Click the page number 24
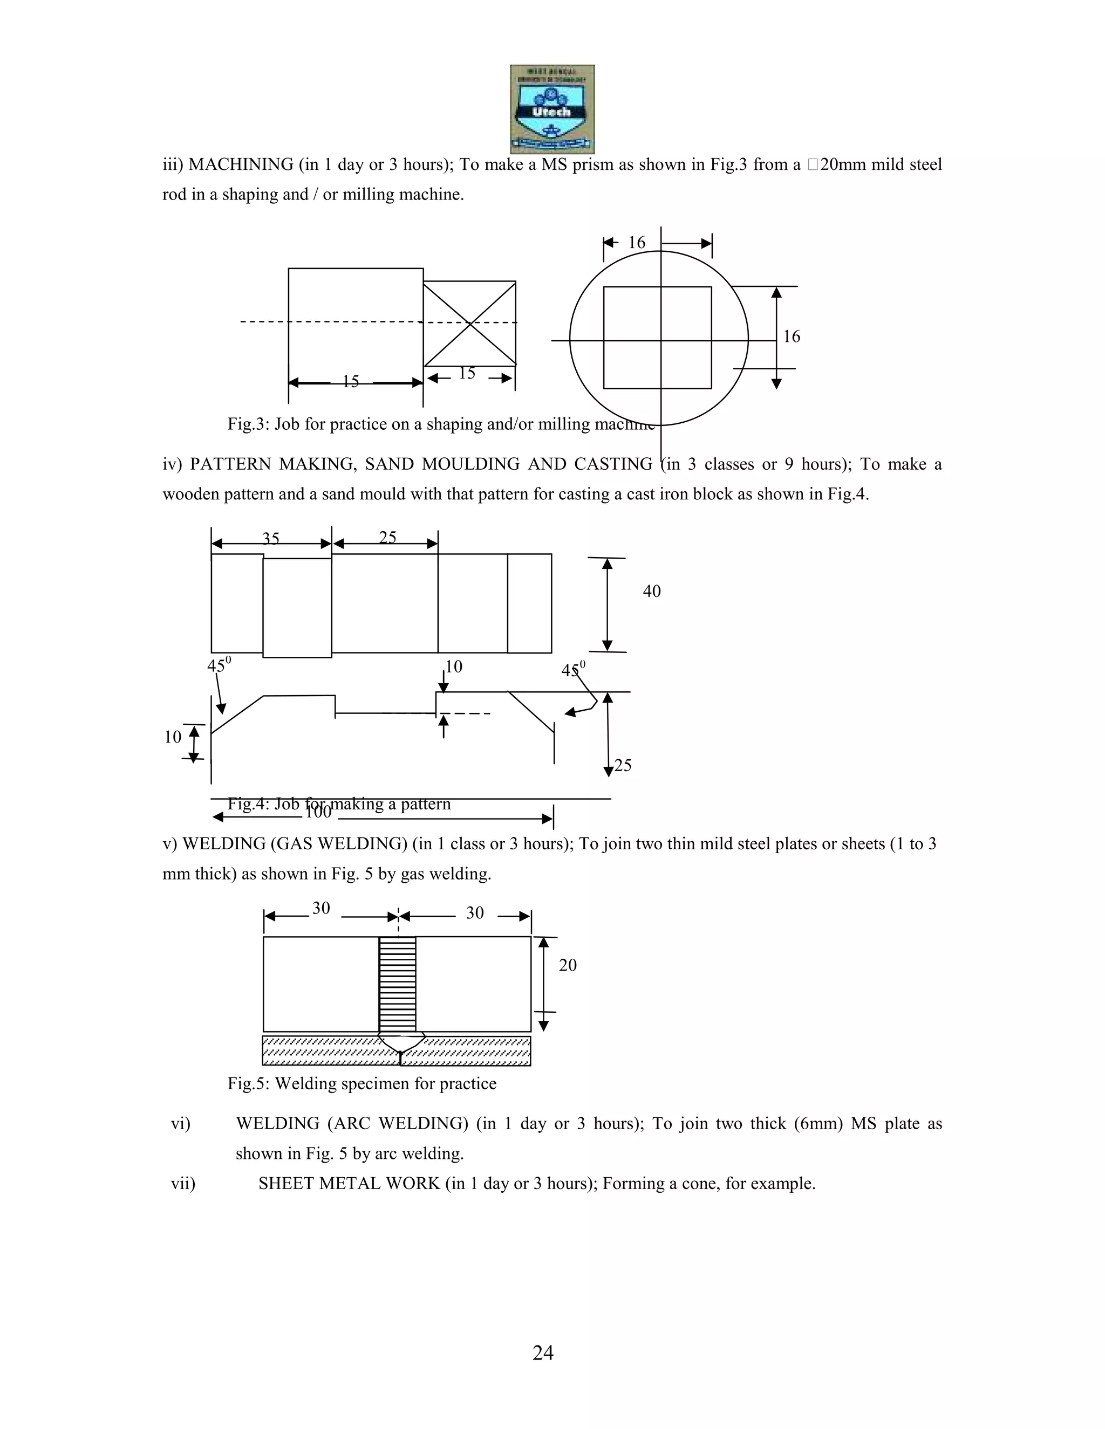pyautogui.click(x=543, y=1352)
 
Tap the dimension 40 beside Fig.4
pyautogui.click(x=651, y=592)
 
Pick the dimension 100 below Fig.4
pyautogui.click(x=318, y=813)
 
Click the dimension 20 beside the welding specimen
pyautogui.click(x=568, y=966)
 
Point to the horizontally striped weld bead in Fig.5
pyautogui.click(x=397, y=984)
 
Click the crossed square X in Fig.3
pyautogui.click(x=469, y=323)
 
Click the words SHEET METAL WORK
pyautogui.click(x=349, y=1184)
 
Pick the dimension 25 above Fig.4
pyautogui.click(x=387, y=537)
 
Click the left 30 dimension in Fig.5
pyautogui.click(x=321, y=908)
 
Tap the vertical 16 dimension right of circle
pyautogui.click(x=792, y=336)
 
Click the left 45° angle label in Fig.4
pyautogui.click(x=219, y=665)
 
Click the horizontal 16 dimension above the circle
pyautogui.click(x=636, y=243)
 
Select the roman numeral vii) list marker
pyautogui.click(x=183, y=1184)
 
